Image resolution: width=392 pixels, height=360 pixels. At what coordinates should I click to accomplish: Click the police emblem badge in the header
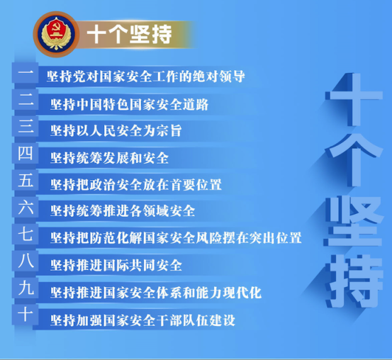tap(56, 34)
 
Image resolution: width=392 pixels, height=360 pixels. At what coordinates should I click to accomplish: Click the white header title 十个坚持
tap(129, 34)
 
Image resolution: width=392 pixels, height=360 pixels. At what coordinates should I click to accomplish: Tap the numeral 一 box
tap(26, 73)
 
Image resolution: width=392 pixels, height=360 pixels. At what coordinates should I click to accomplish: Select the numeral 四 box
tap(26, 153)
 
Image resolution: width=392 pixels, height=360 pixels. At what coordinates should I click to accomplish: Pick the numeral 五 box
tap(26, 180)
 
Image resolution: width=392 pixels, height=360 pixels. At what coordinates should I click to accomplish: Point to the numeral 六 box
tap(26, 207)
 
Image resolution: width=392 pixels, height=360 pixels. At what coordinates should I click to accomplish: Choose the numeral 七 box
tap(26, 235)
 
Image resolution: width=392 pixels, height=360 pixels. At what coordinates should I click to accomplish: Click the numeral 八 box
tap(26, 261)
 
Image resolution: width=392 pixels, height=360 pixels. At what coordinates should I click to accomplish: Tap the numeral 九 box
tap(26, 288)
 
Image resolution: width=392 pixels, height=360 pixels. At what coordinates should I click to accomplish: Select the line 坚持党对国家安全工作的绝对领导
tap(146, 77)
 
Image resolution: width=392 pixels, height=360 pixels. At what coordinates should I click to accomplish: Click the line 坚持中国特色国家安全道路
tap(129, 104)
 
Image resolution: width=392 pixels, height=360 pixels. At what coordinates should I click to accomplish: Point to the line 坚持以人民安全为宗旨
tap(116, 131)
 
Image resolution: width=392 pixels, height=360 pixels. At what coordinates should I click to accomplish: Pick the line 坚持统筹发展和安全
tap(109, 158)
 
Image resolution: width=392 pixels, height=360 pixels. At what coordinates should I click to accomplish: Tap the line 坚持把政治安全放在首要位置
tap(136, 185)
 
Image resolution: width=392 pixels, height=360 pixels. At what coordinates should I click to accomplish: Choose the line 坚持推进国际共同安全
tap(116, 265)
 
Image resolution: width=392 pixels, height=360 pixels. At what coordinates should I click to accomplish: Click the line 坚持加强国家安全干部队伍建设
tap(142, 320)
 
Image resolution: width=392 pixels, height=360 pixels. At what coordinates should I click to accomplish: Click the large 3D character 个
tap(354, 160)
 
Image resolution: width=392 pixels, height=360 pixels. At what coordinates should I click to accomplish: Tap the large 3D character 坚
tap(354, 221)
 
